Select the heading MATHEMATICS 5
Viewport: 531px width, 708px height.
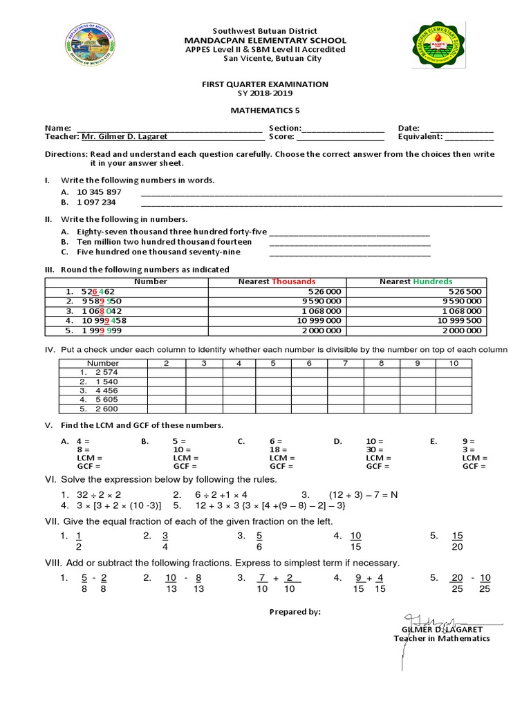point(265,110)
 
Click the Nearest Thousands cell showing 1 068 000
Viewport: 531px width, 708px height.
point(319,311)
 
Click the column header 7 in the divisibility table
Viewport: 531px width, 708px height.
point(344,363)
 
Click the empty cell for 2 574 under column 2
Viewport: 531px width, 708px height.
point(166,373)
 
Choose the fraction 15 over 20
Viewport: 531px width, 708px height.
point(457,541)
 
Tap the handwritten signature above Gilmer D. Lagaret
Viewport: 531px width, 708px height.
point(429,619)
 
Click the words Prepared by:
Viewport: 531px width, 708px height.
point(295,612)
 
